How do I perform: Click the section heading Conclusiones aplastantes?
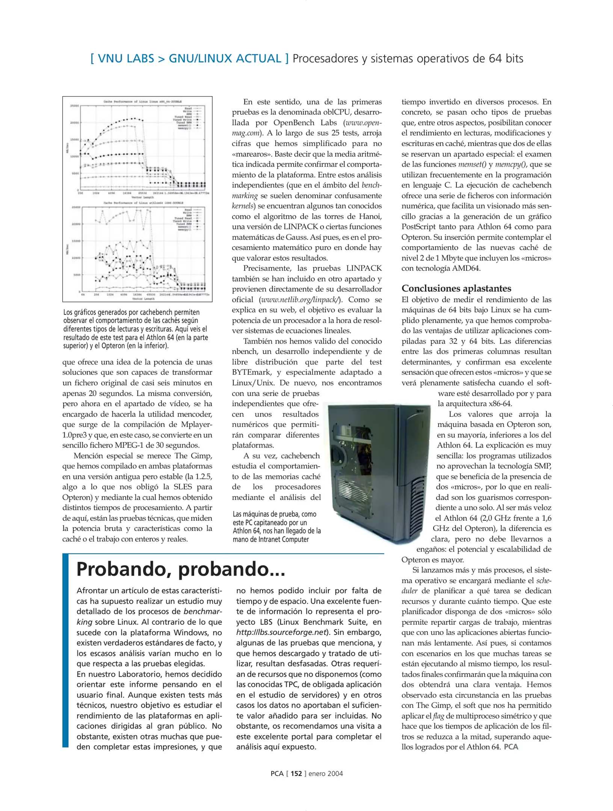click(x=456, y=288)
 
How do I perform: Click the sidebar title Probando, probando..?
click(x=181, y=569)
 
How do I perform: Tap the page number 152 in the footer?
click(x=296, y=773)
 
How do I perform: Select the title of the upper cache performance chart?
click(x=142, y=101)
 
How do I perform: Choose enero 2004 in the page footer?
click(x=326, y=773)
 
